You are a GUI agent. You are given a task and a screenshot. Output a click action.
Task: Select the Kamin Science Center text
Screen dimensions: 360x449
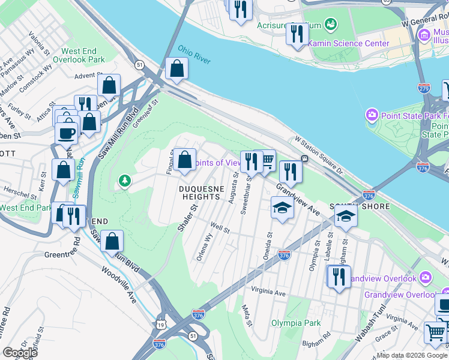pos(343,43)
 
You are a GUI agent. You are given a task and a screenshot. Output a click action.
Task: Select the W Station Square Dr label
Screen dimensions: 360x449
pos(318,154)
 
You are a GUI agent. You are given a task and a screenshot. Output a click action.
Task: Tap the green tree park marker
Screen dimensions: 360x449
pos(124,180)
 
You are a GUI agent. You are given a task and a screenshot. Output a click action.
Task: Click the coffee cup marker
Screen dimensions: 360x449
pos(66,132)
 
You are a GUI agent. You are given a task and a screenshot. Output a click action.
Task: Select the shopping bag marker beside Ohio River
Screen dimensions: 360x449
pos(177,70)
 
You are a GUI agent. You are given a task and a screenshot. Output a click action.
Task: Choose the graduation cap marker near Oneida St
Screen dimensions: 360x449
pos(282,209)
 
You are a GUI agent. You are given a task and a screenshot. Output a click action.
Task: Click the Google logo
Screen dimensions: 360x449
pos(20,352)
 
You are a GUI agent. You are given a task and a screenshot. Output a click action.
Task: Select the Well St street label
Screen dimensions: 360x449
pos(220,228)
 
